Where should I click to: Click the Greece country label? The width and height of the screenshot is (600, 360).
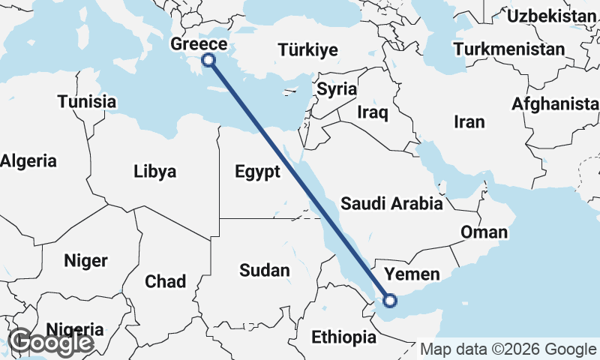coord(199,43)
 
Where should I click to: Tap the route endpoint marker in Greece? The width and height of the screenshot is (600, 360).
coord(209,60)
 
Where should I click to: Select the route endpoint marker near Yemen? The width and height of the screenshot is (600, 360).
coord(389,301)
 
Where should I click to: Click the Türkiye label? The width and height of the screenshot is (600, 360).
coord(307,50)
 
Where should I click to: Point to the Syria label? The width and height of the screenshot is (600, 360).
coord(337,88)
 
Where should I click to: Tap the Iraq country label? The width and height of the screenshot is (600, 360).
coord(373,112)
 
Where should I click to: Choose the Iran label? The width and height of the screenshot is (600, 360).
coord(469,121)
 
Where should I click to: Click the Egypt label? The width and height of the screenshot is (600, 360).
coord(257,171)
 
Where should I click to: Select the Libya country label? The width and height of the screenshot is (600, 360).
coord(155,172)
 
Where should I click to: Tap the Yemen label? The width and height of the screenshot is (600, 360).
coord(412,274)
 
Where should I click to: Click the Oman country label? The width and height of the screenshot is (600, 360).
coord(484,232)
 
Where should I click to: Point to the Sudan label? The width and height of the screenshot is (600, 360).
coord(265,270)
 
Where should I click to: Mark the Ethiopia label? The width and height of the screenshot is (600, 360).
coord(343,337)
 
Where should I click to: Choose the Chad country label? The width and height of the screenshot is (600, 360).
coord(165,281)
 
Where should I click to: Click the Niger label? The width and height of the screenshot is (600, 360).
coord(85,261)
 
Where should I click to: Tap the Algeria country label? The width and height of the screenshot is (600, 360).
coord(28,160)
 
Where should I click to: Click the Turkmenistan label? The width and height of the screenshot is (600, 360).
coord(509,49)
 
